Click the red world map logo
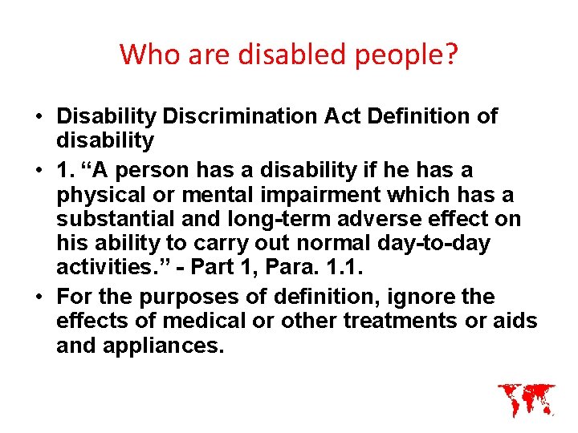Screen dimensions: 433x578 tap(526, 399)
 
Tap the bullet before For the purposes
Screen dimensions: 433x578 tap(39, 297)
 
